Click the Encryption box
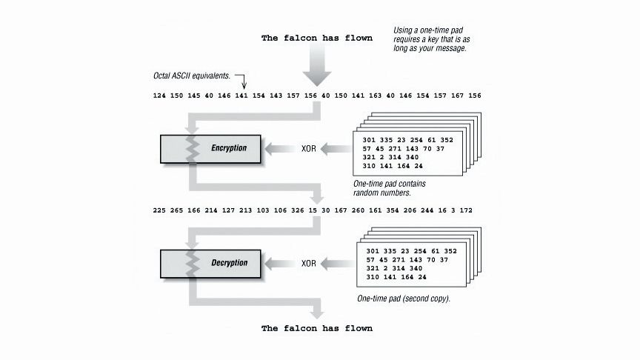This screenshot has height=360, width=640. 211,148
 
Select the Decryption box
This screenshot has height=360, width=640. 211,263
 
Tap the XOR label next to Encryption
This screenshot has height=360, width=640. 308,149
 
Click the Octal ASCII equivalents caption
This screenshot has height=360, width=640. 192,76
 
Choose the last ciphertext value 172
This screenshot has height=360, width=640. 465,210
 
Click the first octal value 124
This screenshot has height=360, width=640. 160,96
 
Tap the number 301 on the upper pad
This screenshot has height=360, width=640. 370,139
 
